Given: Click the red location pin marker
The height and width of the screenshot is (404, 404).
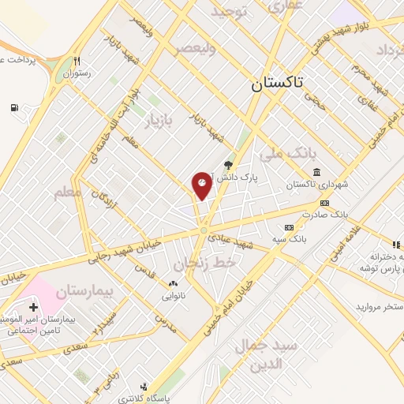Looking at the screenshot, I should [x=202, y=185].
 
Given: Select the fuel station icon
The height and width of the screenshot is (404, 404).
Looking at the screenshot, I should [x=14, y=108].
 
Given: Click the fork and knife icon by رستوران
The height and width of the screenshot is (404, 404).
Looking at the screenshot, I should [x=77, y=61].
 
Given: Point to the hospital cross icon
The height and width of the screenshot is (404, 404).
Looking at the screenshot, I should [x=32, y=306].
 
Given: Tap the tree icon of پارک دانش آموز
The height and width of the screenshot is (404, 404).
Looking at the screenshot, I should [x=229, y=165].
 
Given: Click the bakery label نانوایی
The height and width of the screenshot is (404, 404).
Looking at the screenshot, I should [x=173, y=294].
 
